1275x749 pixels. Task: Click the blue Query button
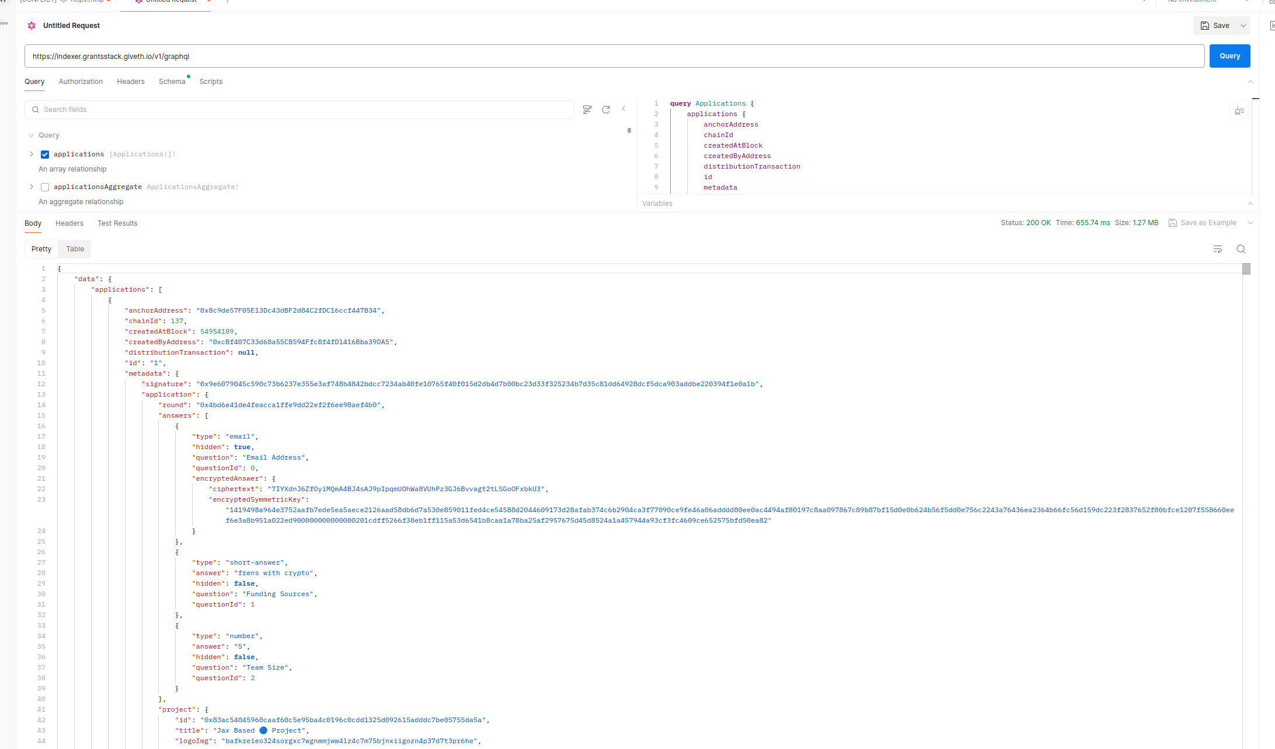point(1229,56)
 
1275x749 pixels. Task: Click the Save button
point(1215,26)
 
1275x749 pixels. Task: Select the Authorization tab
point(81,82)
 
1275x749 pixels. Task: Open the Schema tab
point(172,82)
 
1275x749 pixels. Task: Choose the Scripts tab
point(211,82)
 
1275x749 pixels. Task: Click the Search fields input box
point(299,110)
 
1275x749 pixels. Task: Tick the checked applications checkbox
point(45,155)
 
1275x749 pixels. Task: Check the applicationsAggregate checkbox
point(45,187)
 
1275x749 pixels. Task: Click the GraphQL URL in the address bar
point(111,57)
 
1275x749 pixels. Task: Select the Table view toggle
point(75,249)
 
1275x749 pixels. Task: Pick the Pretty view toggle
point(41,249)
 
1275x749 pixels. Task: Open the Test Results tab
point(117,223)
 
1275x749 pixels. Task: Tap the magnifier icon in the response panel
point(1241,249)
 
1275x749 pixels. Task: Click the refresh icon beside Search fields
point(606,110)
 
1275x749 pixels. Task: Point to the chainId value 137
point(177,321)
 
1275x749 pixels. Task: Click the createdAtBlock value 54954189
point(217,331)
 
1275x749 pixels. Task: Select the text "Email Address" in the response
point(274,457)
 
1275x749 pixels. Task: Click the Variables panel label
point(657,204)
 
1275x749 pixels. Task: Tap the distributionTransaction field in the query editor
point(752,166)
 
